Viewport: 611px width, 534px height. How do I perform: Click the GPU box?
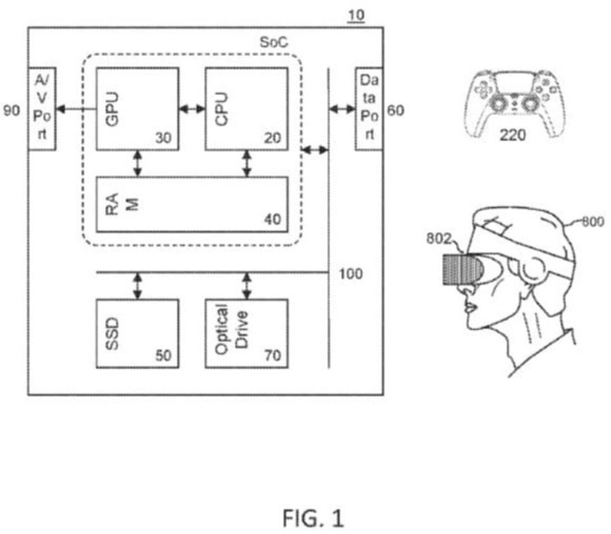[x=137, y=107]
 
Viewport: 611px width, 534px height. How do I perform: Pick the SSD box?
[x=137, y=332]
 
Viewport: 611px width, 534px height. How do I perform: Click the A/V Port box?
[x=42, y=107]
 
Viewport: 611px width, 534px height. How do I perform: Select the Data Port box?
[x=369, y=107]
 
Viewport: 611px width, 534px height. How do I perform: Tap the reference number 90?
[x=12, y=111]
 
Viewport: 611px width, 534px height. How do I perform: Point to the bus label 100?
[x=351, y=274]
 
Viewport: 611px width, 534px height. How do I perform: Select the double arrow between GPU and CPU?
[x=192, y=109]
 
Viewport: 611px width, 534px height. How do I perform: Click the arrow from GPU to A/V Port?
[x=76, y=109]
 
